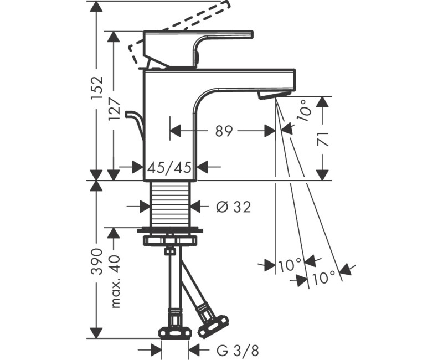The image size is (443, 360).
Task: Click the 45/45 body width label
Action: [x=170, y=166]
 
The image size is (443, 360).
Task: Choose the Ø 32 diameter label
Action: [x=233, y=207]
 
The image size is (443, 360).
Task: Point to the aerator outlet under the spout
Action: [x=269, y=96]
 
